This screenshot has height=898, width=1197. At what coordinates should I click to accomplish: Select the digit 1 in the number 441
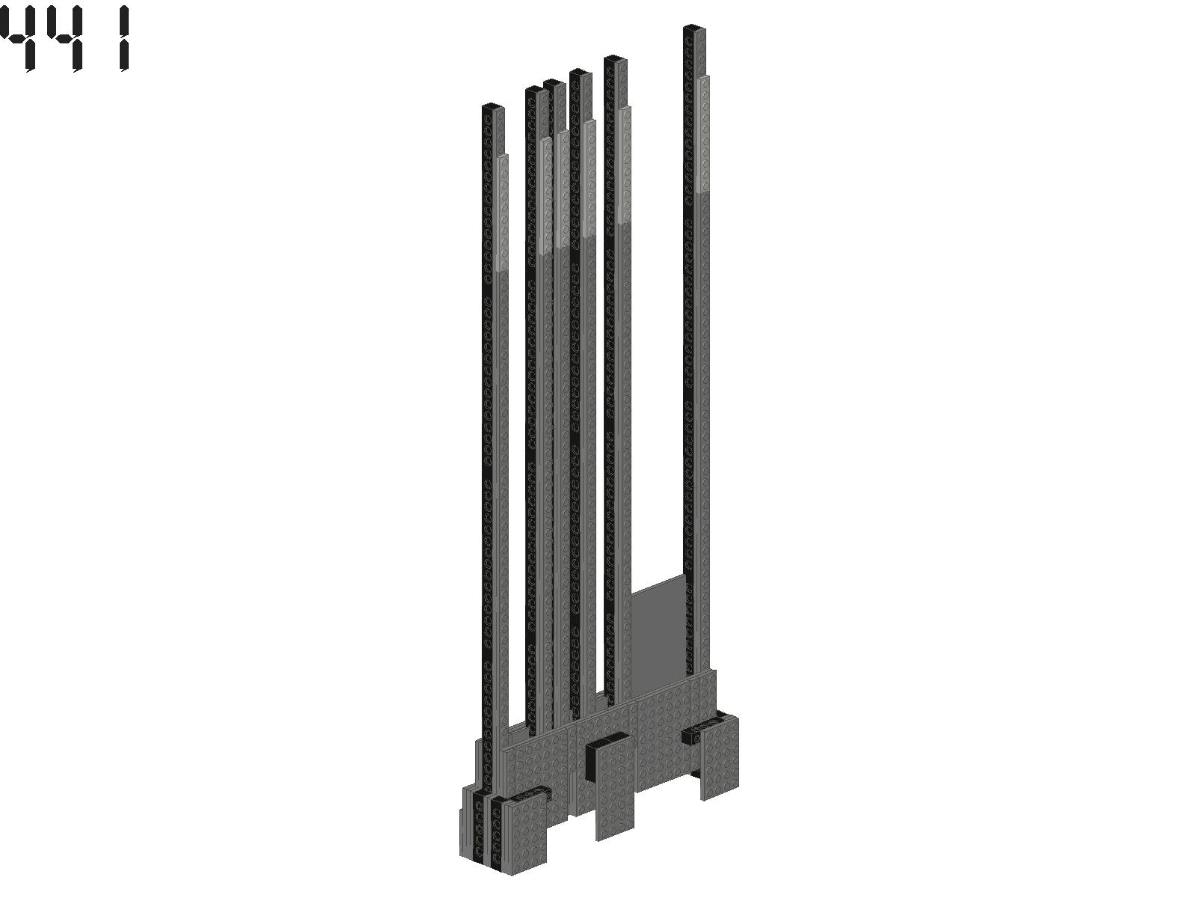(124, 38)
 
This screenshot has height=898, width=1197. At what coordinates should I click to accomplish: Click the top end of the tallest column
(694, 28)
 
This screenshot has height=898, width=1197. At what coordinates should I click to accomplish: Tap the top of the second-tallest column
(615, 58)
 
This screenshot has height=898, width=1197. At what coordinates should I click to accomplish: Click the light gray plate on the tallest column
(703, 134)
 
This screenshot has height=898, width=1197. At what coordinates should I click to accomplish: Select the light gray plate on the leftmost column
(503, 213)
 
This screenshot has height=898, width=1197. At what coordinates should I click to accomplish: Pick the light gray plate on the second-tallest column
(625, 165)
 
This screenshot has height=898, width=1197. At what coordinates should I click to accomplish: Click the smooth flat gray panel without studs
(657, 636)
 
